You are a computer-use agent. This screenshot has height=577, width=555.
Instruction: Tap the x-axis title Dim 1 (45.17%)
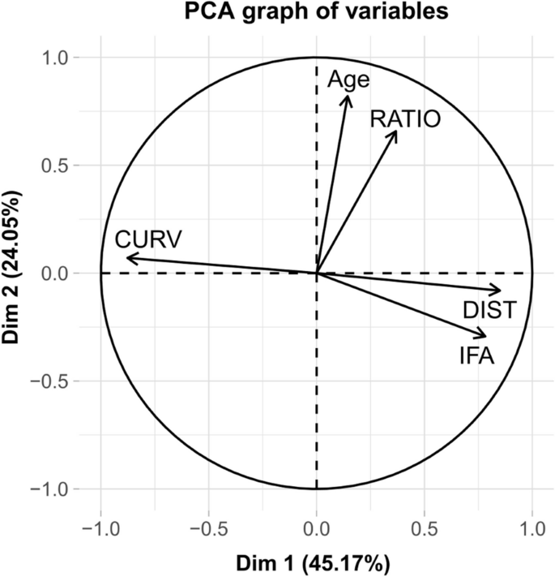(315, 562)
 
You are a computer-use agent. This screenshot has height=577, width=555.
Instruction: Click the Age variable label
(348, 80)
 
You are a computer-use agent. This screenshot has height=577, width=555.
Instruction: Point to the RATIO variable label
(405, 119)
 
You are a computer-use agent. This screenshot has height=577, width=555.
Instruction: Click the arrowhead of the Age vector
(348, 96)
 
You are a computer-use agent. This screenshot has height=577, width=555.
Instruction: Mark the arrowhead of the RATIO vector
(396, 131)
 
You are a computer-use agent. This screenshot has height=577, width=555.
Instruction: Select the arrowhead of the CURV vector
(128, 258)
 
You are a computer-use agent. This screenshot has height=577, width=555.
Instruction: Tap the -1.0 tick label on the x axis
(100, 527)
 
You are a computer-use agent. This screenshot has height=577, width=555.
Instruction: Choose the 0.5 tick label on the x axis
(424, 527)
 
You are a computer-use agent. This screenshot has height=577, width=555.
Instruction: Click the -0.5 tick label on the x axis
(207, 527)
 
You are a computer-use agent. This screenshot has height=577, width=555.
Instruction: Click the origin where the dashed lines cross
(316, 273)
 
